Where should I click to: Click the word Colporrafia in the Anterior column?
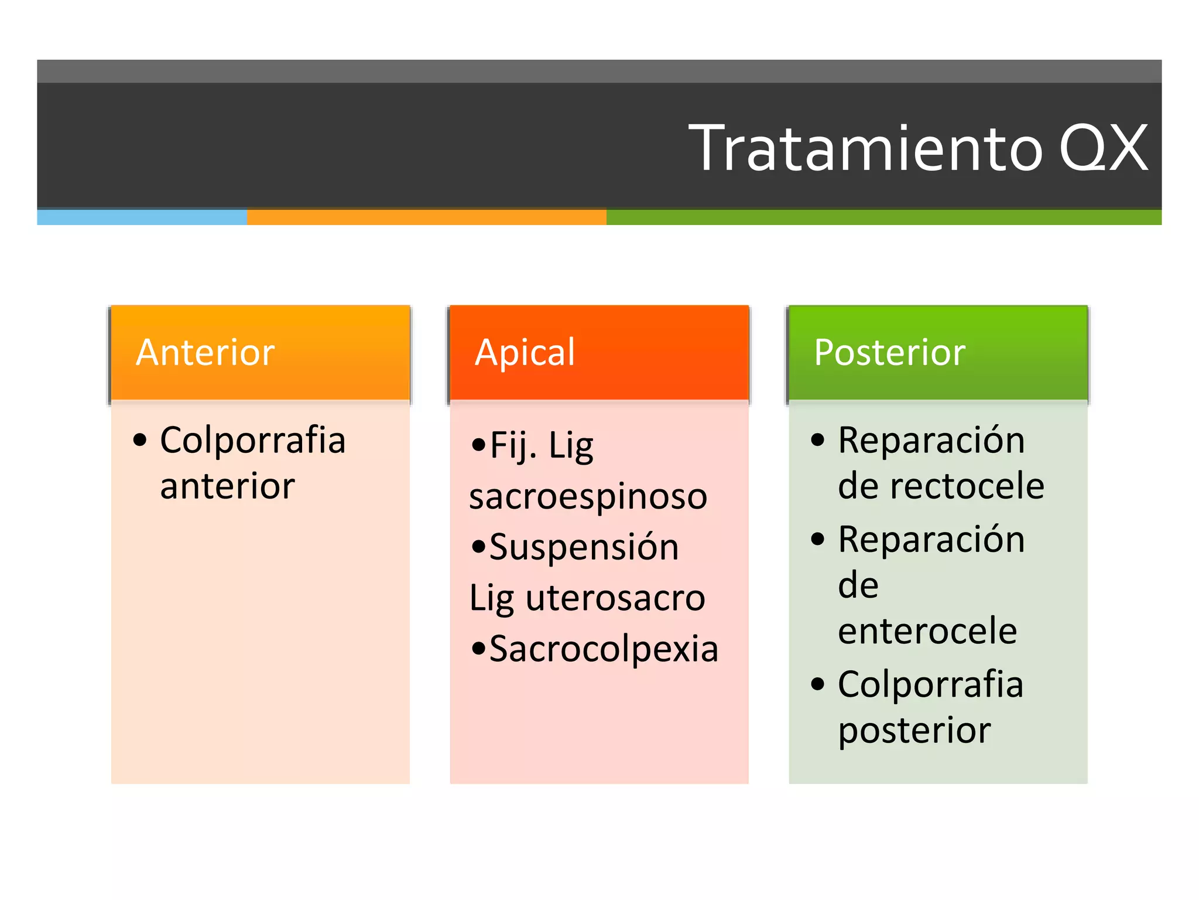coord(252,440)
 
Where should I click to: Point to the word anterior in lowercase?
coord(227,486)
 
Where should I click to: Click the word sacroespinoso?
coord(588,496)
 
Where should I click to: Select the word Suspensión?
coord(584,547)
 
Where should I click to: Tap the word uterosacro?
coord(615,598)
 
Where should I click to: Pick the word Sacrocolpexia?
coord(603,649)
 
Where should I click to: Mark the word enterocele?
coord(927,631)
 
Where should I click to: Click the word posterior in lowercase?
coord(914,731)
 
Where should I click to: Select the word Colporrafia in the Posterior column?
coord(930,684)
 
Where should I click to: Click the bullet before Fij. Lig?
coord(478,445)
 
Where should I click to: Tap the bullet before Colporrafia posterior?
coord(817,683)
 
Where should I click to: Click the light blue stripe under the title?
coord(142,217)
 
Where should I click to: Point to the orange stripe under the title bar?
coord(426,217)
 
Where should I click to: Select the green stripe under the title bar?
coord(883,217)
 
